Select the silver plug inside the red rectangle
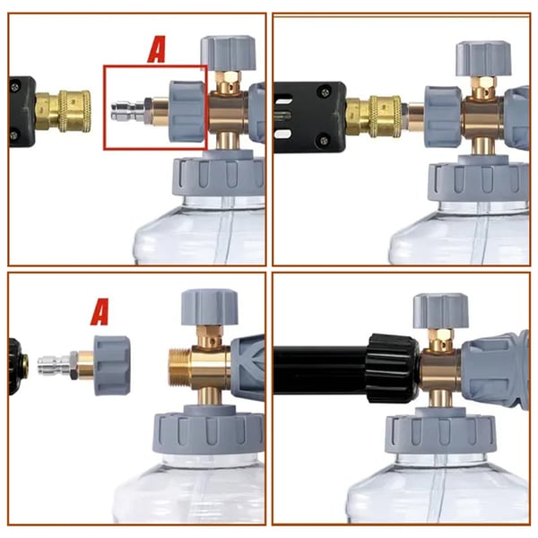click(x=124, y=114)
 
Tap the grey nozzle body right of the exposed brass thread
click(x=247, y=366)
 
